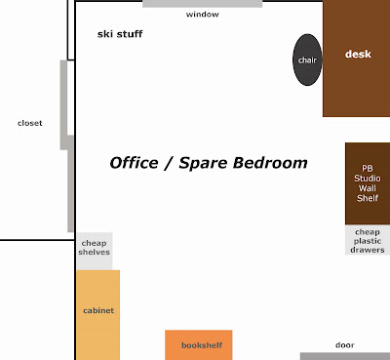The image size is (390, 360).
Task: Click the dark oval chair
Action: click(307, 60)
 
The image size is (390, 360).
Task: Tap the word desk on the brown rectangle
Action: click(358, 54)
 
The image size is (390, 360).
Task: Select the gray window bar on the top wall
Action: click(202, 4)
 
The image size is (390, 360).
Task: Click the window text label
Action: click(202, 15)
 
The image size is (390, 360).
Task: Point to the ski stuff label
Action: click(120, 34)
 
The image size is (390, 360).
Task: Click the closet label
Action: click(30, 123)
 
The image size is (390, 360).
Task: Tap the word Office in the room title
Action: click(134, 163)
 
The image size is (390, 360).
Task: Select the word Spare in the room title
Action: click(203, 163)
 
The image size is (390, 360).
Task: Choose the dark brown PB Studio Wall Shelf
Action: click(368, 183)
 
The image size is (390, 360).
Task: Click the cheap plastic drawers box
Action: click(368, 240)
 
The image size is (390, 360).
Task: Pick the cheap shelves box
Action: click(95, 251)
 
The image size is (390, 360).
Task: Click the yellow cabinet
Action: click(98, 315)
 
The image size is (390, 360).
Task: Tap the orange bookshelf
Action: click(199, 345)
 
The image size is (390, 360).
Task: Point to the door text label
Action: click(345, 345)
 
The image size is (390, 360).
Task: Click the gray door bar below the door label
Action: click(345, 356)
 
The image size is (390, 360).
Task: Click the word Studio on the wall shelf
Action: click(368, 179)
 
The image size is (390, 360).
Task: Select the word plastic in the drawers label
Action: click(368, 241)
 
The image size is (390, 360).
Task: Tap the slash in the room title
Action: click(169, 163)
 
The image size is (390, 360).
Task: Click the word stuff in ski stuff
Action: click(130, 34)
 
